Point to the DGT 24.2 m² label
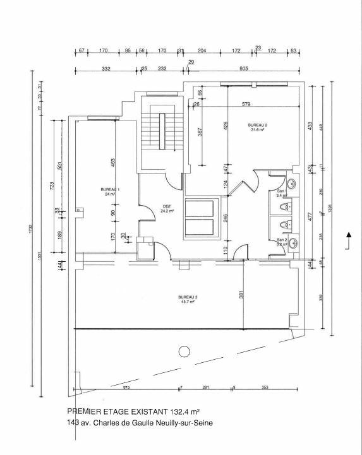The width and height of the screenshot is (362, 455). coord(167,208)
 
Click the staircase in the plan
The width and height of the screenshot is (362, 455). coord(162,133)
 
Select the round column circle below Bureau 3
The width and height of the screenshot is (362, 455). coord(184,352)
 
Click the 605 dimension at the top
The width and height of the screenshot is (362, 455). coord(243,68)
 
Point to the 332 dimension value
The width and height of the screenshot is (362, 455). coord(106,68)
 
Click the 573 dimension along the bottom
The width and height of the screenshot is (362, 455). coord(126,386)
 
